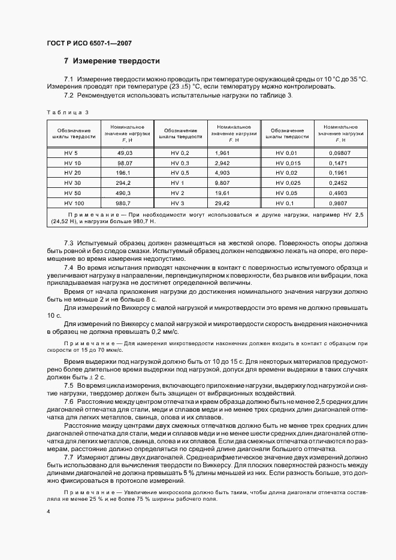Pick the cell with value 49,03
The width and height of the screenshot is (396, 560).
tap(124, 153)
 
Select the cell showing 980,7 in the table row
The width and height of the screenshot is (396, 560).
tap(124, 203)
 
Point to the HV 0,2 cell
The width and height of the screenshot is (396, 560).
tap(180, 153)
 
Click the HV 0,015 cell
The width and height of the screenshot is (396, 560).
tap(287, 163)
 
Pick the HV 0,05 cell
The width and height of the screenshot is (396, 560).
tap(287, 193)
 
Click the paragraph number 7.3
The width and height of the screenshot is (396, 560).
tap(68, 243)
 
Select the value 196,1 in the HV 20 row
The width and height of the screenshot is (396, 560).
tap(124, 173)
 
